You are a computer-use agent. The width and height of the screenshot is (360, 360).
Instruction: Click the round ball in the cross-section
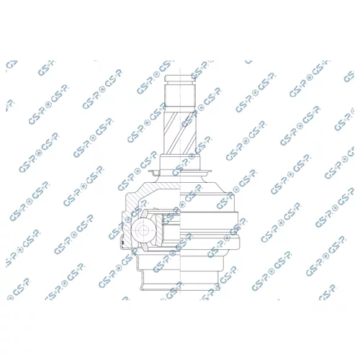tap(143, 230)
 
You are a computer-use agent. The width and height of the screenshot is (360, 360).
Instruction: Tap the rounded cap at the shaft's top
tap(180, 78)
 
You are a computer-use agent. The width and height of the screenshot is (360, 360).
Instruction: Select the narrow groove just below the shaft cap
tap(180, 83)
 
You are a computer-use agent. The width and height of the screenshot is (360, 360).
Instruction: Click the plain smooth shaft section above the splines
tap(180, 96)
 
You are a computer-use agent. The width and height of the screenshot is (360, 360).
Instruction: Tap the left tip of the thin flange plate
tap(149, 171)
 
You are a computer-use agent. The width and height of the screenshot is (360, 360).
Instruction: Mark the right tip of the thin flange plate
tap(211, 171)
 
